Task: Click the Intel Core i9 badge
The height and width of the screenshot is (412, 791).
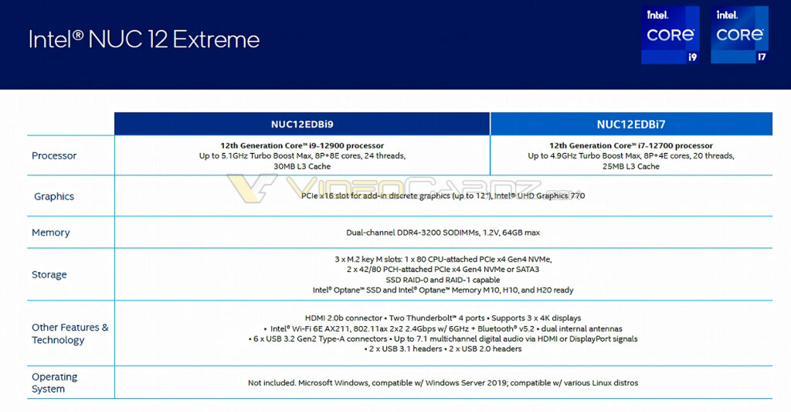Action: click(670, 35)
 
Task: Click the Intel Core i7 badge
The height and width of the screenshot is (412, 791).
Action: click(739, 35)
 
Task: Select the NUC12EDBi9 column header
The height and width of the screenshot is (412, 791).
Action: click(302, 124)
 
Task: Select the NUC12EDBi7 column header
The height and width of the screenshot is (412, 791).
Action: click(631, 124)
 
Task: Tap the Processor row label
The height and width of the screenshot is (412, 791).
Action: click(54, 156)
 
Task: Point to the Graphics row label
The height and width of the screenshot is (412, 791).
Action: click(54, 196)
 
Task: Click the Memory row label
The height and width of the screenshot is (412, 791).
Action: click(51, 233)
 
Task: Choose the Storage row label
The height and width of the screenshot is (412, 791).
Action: click(49, 274)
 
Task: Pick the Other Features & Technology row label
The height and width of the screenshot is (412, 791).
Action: click(70, 334)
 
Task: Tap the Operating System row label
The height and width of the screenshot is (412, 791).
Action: click(54, 383)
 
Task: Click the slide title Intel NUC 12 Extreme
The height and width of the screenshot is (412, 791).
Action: click(144, 39)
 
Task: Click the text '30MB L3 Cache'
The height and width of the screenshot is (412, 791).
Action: click(302, 166)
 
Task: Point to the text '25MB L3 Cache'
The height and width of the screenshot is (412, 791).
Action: click(631, 166)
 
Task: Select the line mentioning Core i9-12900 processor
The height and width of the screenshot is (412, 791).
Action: click(302, 145)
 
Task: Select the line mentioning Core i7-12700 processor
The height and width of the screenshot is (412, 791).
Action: click(631, 145)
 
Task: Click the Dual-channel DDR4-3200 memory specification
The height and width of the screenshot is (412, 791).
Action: click(443, 233)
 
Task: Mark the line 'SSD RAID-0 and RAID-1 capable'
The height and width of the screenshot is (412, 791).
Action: click(443, 280)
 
